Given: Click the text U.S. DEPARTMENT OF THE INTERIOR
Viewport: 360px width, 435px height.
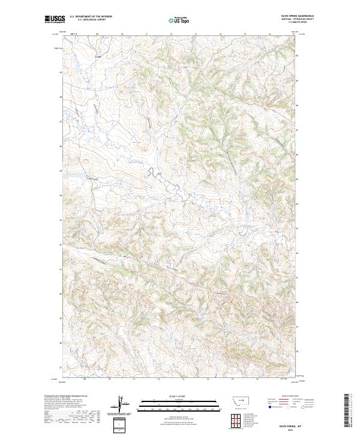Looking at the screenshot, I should pyautogui.click(x=91, y=17).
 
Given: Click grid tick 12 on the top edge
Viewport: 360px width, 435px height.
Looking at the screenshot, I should pyautogui.click(x=170, y=35).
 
